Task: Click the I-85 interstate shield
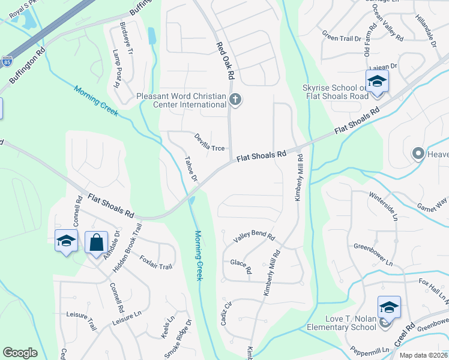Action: tap(7, 61)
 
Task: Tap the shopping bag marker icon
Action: tap(96, 243)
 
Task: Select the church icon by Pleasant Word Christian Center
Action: tap(235, 100)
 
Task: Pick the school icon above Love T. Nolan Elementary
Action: tap(388, 307)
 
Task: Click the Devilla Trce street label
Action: tap(209, 143)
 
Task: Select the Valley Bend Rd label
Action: tap(254, 236)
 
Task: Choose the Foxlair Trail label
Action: tap(155, 262)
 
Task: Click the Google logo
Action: tap(20, 353)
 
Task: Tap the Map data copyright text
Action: tap(423, 355)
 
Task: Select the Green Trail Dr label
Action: tap(342, 36)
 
